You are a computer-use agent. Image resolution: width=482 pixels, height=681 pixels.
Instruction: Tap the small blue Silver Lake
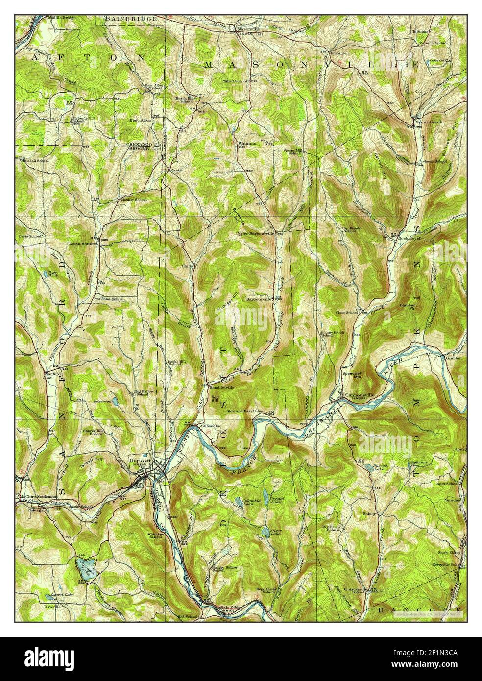[x=265, y=532]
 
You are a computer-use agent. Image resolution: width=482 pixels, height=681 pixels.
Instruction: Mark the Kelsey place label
[x=370, y=513]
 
